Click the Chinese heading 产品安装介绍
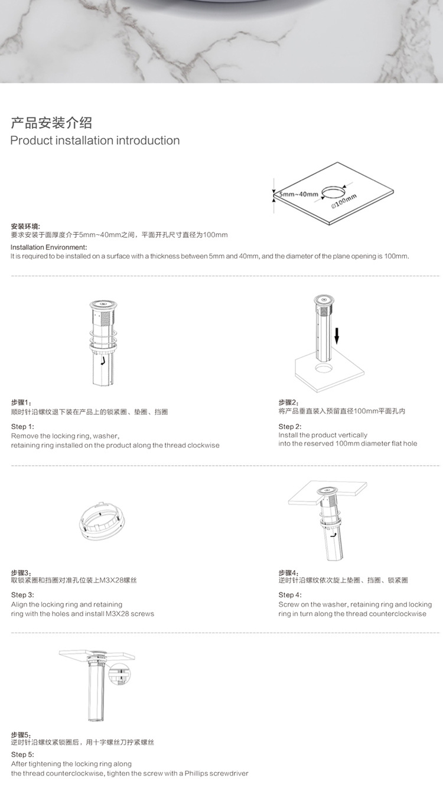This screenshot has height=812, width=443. click(51, 123)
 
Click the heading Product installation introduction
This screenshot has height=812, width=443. click(95, 140)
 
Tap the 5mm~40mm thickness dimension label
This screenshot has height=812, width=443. click(299, 194)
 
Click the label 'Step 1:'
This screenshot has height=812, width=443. click(22, 426)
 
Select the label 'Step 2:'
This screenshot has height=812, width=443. click(290, 426)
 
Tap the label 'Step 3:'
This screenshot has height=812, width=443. click(22, 595)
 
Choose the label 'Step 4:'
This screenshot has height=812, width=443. click(290, 595)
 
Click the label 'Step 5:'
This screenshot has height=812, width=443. click(22, 754)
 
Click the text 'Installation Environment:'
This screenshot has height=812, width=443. click(48, 247)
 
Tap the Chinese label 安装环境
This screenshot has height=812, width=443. click(25, 226)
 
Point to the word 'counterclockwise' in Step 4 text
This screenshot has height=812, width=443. click(398, 614)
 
